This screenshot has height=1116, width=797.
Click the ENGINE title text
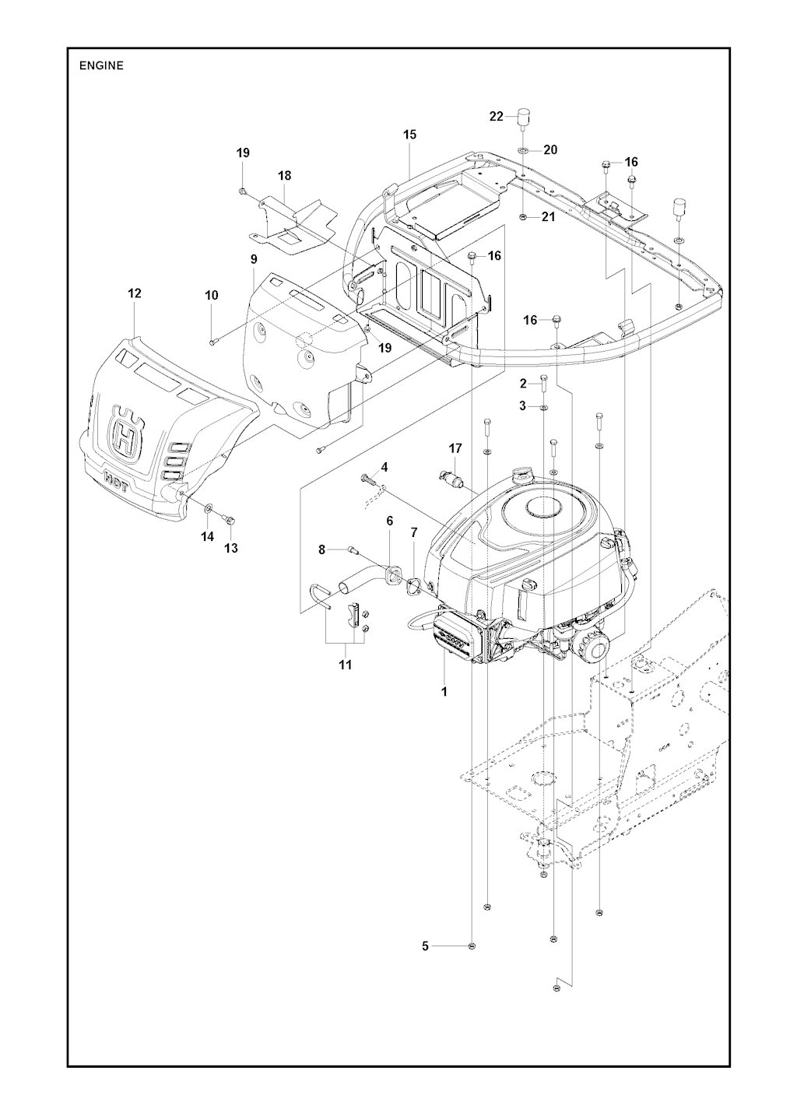[x=101, y=66]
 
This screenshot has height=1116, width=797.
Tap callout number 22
[x=497, y=117]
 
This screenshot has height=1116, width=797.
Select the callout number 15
[x=409, y=135]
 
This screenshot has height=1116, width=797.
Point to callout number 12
[x=135, y=293]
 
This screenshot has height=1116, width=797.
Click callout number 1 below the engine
[x=444, y=691]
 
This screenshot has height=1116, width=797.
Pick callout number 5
[x=425, y=946]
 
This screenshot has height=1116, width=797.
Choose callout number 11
[x=345, y=665]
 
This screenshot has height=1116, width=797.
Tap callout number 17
[x=455, y=448]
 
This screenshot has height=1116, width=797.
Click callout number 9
[x=253, y=258]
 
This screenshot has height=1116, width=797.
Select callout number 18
[x=284, y=177]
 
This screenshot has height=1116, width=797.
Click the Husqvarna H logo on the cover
[x=125, y=436]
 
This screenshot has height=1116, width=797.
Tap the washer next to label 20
[x=523, y=149]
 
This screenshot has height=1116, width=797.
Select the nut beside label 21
[x=523, y=217]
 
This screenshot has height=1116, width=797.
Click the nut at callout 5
[x=472, y=946]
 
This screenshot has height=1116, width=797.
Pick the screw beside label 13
[x=229, y=520]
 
